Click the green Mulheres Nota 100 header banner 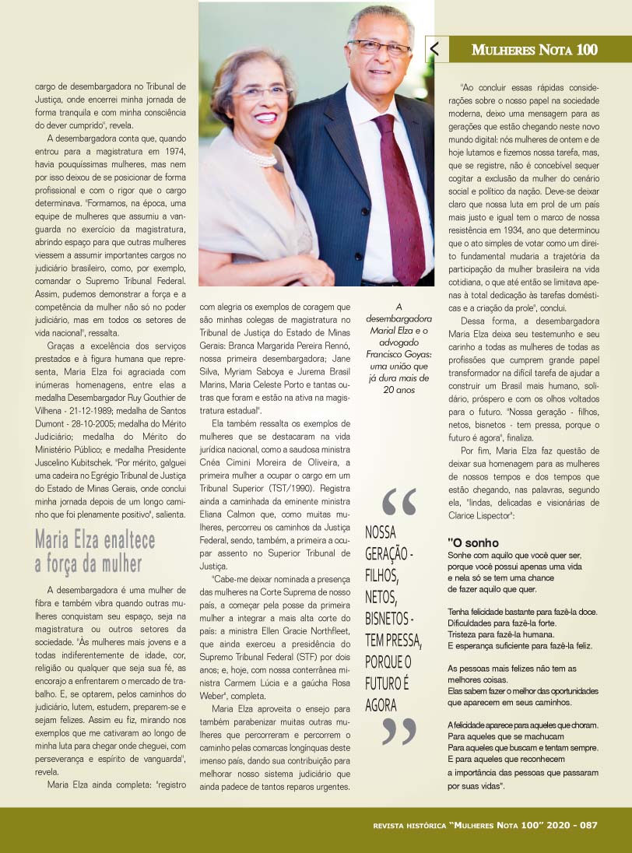point(534,50)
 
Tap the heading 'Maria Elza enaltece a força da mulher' point(95,551)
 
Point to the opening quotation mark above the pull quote point(399,501)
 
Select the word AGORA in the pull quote point(381,705)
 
